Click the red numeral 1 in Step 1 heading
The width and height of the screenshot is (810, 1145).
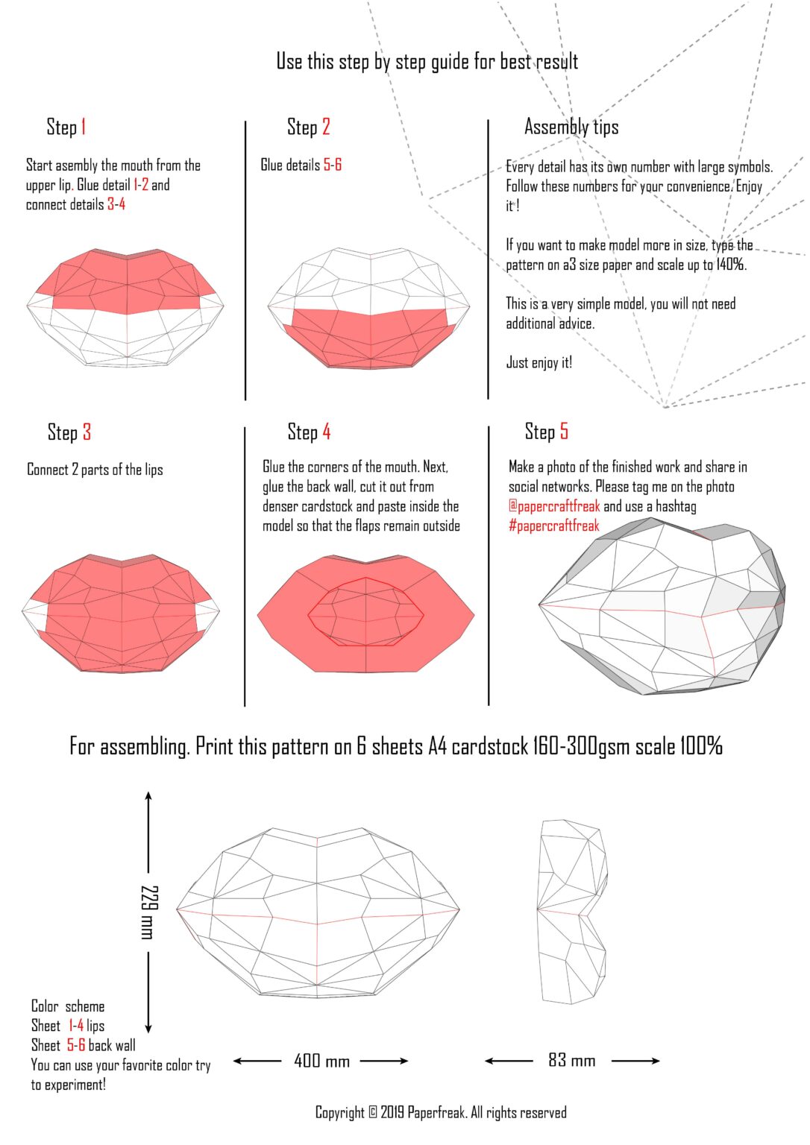[x=84, y=127]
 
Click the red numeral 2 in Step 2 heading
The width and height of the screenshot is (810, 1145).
[x=326, y=127]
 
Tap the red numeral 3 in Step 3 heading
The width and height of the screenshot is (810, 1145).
[x=87, y=432]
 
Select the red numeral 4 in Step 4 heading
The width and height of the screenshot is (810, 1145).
[x=326, y=432]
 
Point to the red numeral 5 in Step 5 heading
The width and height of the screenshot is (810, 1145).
[x=564, y=431]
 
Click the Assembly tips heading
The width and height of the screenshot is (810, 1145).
[x=571, y=127]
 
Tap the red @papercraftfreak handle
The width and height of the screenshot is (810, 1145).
[x=554, y=506]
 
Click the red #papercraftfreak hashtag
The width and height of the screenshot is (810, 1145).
[x=554, y=526]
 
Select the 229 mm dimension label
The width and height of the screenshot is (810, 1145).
[x=149, y=911]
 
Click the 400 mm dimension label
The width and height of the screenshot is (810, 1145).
[x=321, y=1061]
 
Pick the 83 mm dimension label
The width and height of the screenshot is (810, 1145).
[x=571, y=1060]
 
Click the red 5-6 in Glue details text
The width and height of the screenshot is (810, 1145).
[x=333, y=165]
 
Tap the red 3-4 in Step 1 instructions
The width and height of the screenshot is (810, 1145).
[x=116, y=204]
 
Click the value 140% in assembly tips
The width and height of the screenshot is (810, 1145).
[x=731, y=265]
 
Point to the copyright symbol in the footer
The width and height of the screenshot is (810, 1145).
[x=372, y=1113]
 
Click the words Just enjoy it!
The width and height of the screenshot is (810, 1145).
[x=539, y=362]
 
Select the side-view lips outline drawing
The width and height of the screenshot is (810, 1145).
[x=571, y=911]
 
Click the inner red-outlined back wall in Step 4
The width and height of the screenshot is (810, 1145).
[x=365, y=612]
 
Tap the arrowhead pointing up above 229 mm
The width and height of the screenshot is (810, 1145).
[x=148, y=795]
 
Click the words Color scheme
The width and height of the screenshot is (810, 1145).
[x=68, y=1006]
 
